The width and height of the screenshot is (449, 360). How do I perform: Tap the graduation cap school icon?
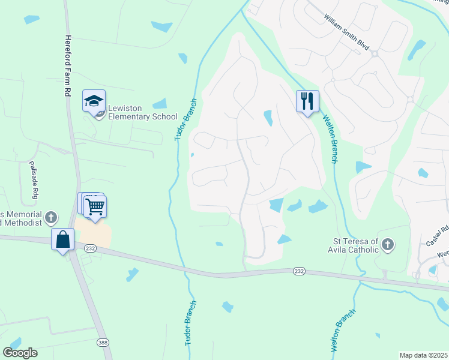point(94,100)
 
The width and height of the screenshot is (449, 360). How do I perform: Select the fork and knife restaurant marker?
point(307,101)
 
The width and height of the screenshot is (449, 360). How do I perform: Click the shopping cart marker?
point(95,207)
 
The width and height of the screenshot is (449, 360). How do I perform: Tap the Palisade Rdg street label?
point(33,180)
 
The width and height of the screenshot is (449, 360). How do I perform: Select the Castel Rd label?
point(438,236)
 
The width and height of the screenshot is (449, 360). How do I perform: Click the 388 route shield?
point(102,342)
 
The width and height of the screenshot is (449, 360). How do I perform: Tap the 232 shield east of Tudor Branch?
point(298,271)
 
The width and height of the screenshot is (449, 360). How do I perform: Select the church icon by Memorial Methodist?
point(52,217)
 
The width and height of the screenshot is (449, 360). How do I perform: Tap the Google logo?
point(20,353)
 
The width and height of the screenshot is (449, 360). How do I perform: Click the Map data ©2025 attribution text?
point(423,355)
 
